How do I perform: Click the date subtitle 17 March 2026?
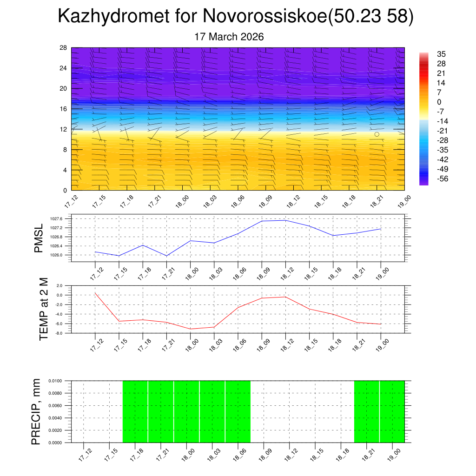coord(229,37)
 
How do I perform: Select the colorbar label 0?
coord(438,102)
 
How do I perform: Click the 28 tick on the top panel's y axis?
coord(64,48)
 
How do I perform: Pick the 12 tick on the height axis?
coord(64,129)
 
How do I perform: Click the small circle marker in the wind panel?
coord(377,134)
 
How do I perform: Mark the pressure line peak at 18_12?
coord(285,220)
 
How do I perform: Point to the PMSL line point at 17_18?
coord(143,245)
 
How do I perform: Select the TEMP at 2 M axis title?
coord(44,309)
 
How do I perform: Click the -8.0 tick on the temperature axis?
coord(59,333)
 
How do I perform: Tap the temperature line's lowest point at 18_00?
coord(190,329)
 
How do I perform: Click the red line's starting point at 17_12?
coord(95,293)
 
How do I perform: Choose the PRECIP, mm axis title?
coord(36,411)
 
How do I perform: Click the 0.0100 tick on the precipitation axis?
coord(56,381)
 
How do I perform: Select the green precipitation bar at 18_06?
coord(238,411)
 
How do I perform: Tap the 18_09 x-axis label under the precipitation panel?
coord(264,454)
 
